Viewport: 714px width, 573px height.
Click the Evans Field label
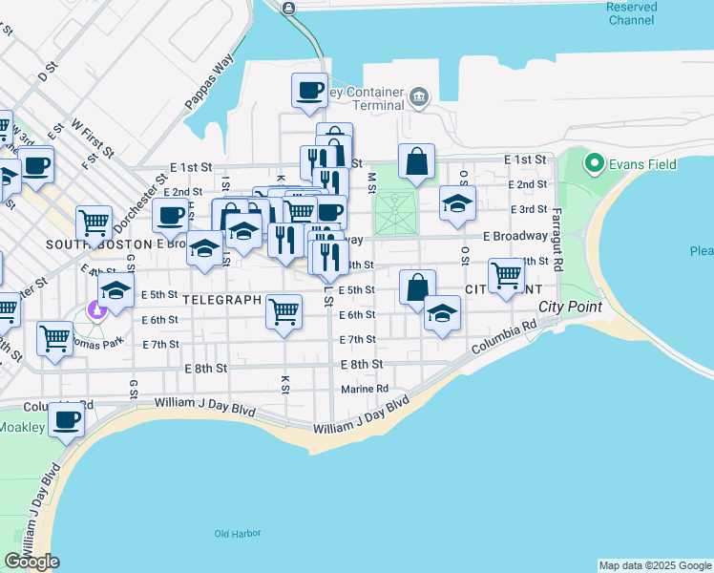click(645, 164)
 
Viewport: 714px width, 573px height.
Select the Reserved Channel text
click(631, 12)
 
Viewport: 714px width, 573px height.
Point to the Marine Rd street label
click(365, 389)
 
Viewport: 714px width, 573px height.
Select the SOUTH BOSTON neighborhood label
click(86, 244)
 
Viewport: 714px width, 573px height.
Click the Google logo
click(31, 562)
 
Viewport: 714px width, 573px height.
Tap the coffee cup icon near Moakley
click(67, 419)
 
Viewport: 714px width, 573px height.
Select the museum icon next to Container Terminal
click(418, 96)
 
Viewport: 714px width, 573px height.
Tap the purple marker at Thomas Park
click(94, 308)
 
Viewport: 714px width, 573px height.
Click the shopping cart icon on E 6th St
click(283, 310)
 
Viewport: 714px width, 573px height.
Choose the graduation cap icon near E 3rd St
click(458, 202)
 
